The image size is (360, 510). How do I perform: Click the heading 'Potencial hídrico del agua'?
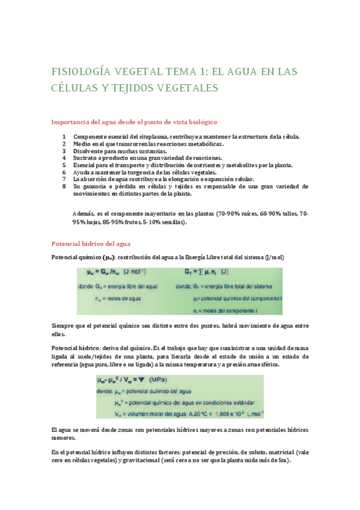point(96,244)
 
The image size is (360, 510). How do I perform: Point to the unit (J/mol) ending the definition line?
point(273,257)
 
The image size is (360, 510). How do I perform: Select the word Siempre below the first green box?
point(64,326)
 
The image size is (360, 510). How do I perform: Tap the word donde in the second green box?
point(106,390)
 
